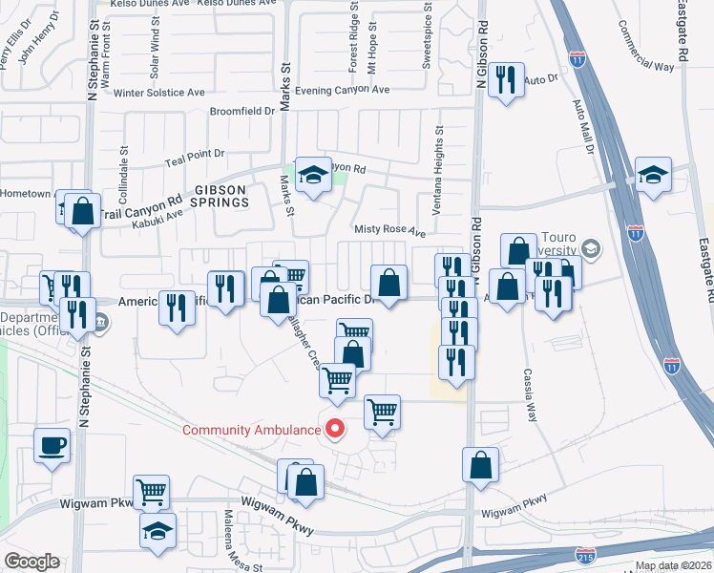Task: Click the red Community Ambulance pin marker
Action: (x=333, y=430)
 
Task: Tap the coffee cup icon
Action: (x=52, y=444)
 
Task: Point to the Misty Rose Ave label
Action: (x=389, y=231)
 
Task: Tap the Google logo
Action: (x=32, y=562)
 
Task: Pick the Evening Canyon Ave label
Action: (x=343, y=90)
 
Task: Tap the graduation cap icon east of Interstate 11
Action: (x=654, y=176)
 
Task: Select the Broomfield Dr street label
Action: (x=242, y=111)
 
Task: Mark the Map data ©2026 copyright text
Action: (x=673, y=565)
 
